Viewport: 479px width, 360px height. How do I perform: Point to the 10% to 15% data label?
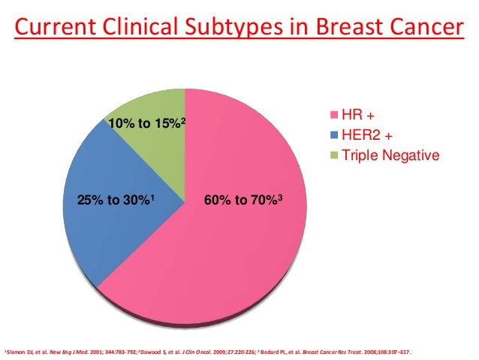pos(146,122)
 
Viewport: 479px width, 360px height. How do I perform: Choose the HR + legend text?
pos(357,117)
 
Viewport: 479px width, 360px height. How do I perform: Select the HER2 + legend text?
pos(365,137)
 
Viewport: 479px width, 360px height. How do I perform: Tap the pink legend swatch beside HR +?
pos(335,117)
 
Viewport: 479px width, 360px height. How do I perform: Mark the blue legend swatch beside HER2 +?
pos(335,137)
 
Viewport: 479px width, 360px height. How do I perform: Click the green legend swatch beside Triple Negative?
pos(335,156)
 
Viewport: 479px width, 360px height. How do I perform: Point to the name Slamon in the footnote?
pos(13,352)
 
